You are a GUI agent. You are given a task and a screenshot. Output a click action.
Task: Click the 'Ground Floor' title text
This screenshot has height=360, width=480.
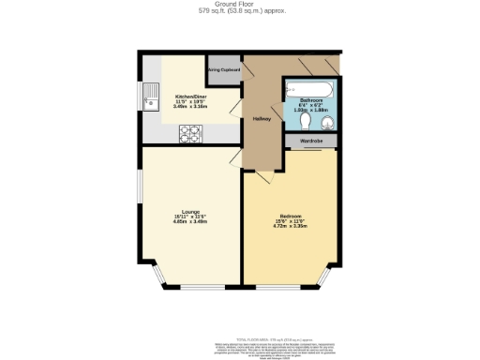pyautogui.click(x=240, y=4)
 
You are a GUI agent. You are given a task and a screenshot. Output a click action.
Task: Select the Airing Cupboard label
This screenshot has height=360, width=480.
pyautogui.click(x=224, y=69)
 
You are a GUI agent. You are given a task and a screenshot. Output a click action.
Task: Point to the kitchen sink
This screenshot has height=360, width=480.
pyautogui.click(x=150, y=94)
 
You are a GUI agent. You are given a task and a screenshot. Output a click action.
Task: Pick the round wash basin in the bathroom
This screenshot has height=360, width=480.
pyautogui.click(x=294, y=120)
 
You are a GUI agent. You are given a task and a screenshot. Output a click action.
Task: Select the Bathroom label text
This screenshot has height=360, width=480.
pyautogui.click(x=311, y=98)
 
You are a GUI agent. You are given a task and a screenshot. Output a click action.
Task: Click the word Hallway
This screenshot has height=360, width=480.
pyautogui.click(x=262, y=118)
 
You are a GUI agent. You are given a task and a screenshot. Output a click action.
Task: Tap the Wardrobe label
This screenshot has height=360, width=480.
pyautogui.click(x=311, y=142)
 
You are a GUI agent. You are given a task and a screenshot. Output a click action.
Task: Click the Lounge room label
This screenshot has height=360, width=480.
pyautogui.click(x=190, y=211)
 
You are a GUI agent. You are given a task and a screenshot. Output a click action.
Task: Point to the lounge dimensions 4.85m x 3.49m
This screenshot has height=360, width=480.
pyautogui.click(x=190, y=221)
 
